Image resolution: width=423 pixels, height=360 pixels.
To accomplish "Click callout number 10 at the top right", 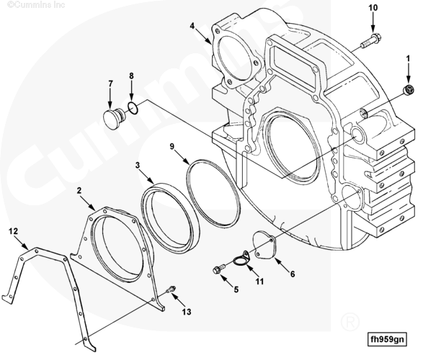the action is coord(373,8).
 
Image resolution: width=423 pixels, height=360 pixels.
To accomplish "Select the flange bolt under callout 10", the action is coord(370,40).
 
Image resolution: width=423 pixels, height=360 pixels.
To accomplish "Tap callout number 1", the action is coord(408,58).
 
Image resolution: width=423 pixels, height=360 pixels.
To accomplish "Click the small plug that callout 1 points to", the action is coord(409,89).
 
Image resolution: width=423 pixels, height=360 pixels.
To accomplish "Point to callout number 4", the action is coord(192,26).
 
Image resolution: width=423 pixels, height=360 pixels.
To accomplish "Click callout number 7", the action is coord(110,84).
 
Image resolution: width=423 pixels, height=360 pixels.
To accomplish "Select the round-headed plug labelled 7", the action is coord(114,119).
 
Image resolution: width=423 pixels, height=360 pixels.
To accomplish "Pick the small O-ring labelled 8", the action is coord(133,107).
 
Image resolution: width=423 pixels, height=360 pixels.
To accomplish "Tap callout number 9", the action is coord(172,146).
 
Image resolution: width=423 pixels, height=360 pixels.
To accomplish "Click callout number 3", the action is coord(138,165).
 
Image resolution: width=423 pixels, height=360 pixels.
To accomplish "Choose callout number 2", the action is coord(79,191).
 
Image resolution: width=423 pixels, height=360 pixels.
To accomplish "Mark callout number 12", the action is coord(13,231).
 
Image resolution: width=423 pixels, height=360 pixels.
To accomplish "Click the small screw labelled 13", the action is coord(171,289).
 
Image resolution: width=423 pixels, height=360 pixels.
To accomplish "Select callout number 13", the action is coord(187,312).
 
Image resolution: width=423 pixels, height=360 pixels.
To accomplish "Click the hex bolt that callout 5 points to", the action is coord(219,269).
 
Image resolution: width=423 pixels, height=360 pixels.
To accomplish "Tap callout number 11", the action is coord(259,282).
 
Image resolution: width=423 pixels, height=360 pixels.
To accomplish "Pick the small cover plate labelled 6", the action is coord(264,245).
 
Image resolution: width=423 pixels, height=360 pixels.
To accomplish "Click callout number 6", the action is coord(293,274).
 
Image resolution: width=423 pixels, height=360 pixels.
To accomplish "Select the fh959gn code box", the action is coord(387,339).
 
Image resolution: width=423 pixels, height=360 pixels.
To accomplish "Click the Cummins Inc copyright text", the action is coord(36,4).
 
